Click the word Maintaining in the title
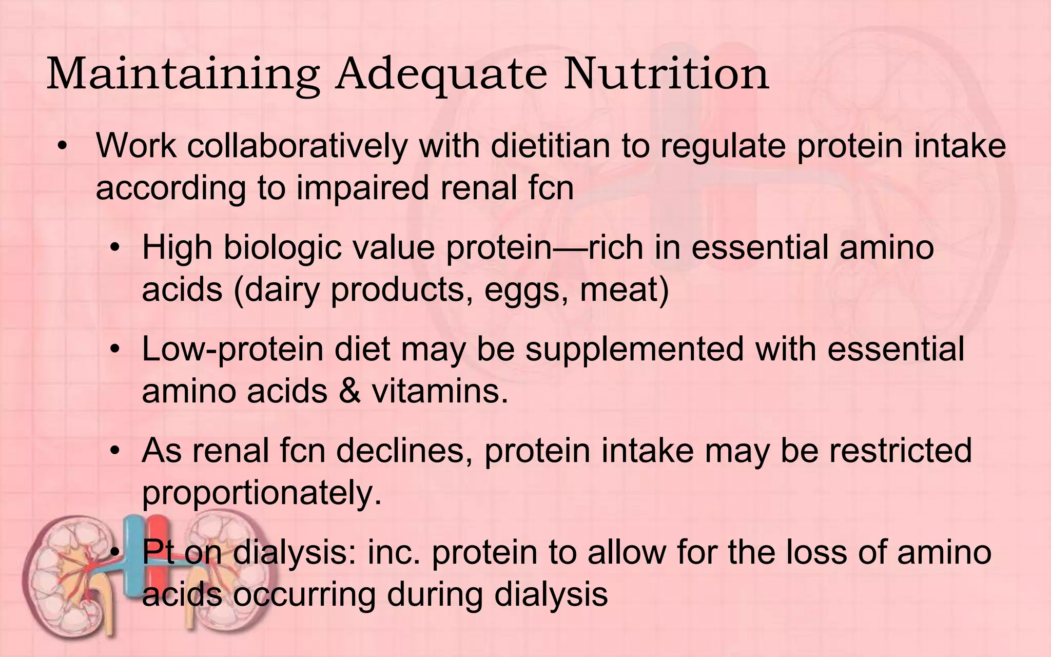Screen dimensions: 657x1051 [183, 75]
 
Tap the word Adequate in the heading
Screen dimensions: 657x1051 [441, 75]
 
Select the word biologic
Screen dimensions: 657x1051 [282, 247]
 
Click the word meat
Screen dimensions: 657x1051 [624, 289]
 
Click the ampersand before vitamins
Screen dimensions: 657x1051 [349, 391]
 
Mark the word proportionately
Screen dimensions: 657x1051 [262, 493]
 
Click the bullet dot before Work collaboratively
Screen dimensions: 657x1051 [63, 146]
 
